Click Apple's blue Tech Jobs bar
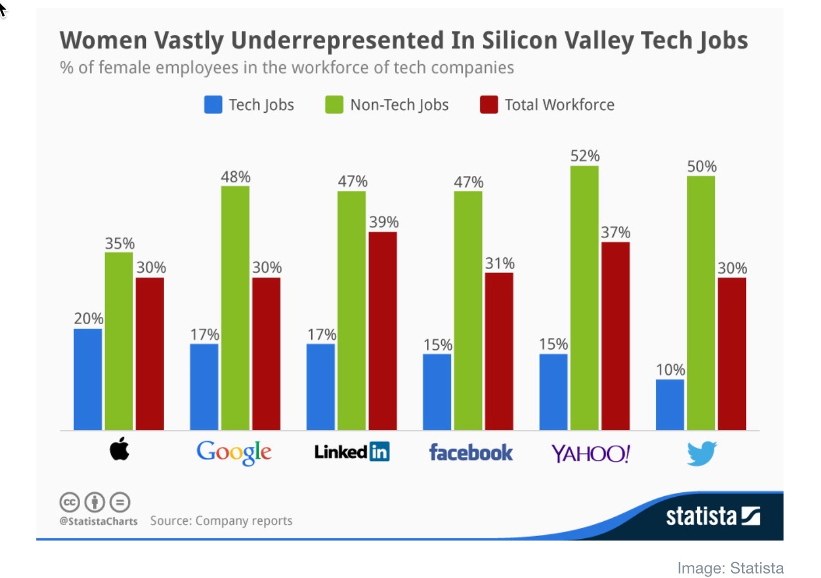[x=88, y=379]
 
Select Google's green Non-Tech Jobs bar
[x=235, y=308]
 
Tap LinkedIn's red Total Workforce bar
[x=383, y=330]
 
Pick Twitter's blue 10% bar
[x=670, y=404]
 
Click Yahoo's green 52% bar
[x=584, y=298]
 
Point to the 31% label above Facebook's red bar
[x=500, y=263]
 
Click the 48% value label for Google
[x=236, y=177]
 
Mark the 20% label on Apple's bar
[x=89, y=319]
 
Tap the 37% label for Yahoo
[x=615, y=232]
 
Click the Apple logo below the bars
[x=119, y=450]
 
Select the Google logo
[x=234, y=453]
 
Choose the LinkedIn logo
[x=352, y=452]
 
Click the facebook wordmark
[x=471, y=453]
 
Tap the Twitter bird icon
[x=701, y=453]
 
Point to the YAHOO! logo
[x=590, y=454]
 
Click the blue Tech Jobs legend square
[x=213, y=105]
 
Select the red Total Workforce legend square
[x=489, y=105]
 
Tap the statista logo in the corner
[x=713, y=516]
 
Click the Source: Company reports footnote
[x=221, y=521]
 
